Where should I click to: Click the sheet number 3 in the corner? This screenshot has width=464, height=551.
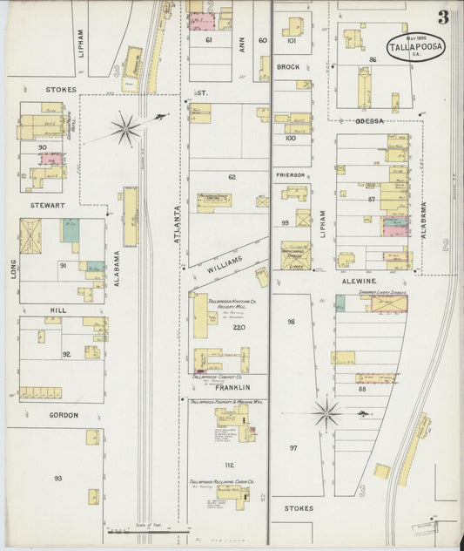point(443,17)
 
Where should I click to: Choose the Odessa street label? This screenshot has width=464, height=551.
point(369,121)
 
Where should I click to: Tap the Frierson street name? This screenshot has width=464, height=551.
point(290,175)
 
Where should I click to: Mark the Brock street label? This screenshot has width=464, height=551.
point(287,67)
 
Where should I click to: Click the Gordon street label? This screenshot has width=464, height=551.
point(64,415)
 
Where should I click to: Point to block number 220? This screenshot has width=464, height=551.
point(239,327)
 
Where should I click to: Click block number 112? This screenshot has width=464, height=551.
point(229,465)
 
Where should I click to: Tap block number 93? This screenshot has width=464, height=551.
point(58,478)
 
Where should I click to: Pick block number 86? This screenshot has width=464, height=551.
point(372,58)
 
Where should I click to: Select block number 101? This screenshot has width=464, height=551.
point(291,41)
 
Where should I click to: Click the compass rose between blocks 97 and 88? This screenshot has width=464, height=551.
point(326,412)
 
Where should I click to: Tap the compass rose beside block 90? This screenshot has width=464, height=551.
point(125,130)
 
